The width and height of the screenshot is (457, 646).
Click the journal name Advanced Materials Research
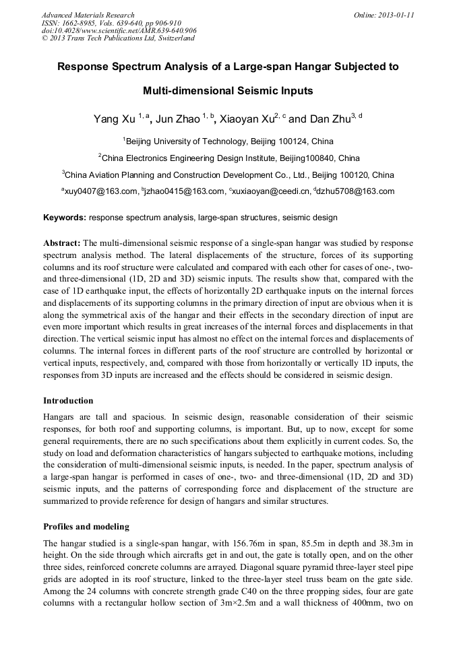pos(88,15)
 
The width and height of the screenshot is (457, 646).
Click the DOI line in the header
pos(119,30)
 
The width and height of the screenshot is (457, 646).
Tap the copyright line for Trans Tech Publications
pos(118,38)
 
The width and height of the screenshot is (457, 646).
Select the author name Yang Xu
pos(114,120)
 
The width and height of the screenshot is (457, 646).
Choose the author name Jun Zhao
pos(178,120)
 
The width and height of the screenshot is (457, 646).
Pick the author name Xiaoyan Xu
pos(245,120)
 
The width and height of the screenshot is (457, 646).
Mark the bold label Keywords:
pos(65,218)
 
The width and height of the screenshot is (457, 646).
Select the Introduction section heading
pos(68,401)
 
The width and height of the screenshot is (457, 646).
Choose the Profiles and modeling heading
pos(86,526)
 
